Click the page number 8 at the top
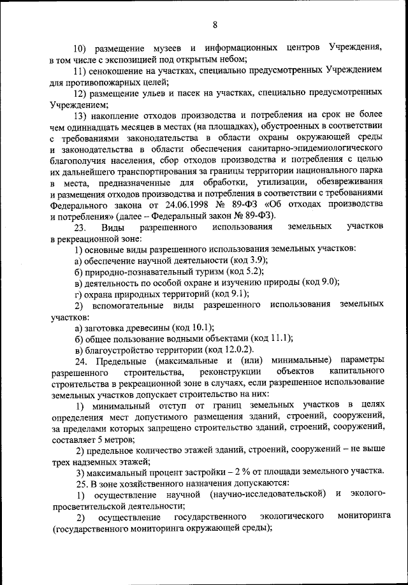pyautogui.click(x=215, y=24)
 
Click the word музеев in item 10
pyautogui.click(x=167, y=48)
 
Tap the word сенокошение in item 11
pyautogui.click(x=124, y=70)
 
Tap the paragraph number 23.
pyautogui.click(x=82, y=227)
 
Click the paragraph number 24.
pyautogui.click(x=82, y=360)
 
